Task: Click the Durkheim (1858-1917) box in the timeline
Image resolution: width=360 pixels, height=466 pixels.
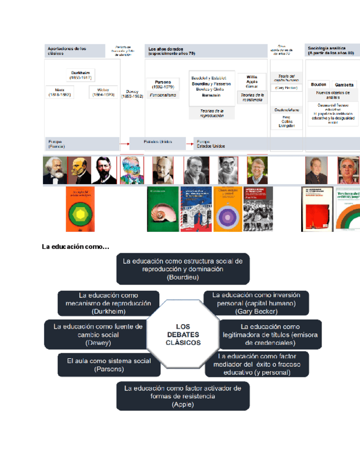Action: [80, 75]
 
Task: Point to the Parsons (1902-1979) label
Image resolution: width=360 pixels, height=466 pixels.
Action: [163, 84]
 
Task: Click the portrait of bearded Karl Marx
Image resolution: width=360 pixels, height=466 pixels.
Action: [55, 170]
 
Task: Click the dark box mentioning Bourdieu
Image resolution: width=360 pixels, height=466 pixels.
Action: [183, 269]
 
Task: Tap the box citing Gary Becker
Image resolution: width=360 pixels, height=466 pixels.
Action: [256, 303]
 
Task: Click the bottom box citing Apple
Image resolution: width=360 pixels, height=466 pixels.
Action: [183, 396]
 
